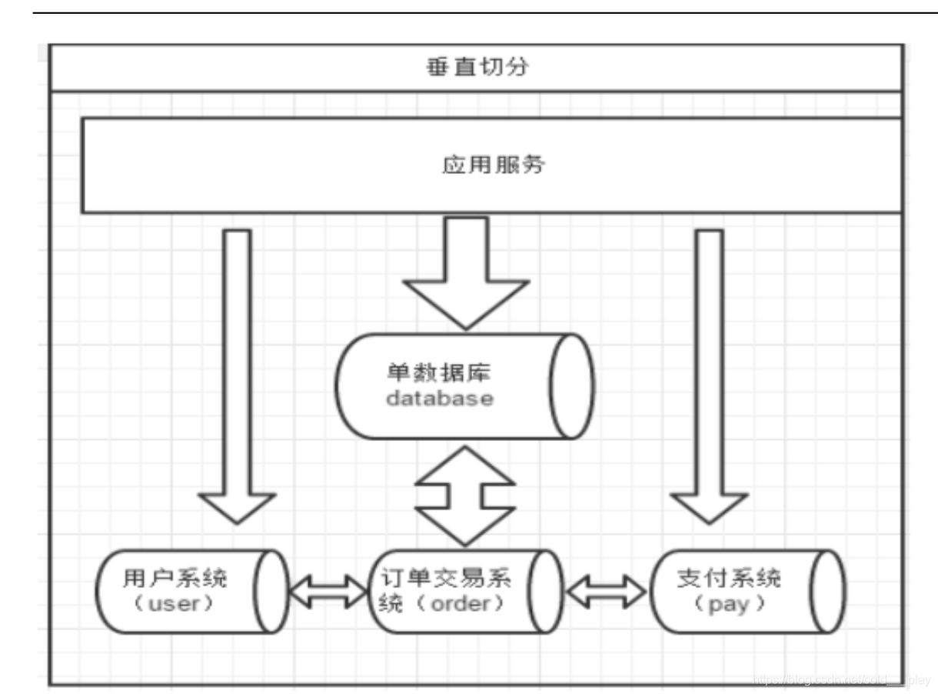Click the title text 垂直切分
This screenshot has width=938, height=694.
click(477, 68)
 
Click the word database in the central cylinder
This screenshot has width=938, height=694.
click(439, 399)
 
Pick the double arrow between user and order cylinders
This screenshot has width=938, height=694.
click(328, 591)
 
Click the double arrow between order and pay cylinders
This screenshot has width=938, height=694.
click(607, 591)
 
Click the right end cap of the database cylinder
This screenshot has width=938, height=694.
click(572, 385)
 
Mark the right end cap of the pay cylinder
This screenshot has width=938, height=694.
click(827, 591)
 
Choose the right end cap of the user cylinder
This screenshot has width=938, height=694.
click(271, 591)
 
